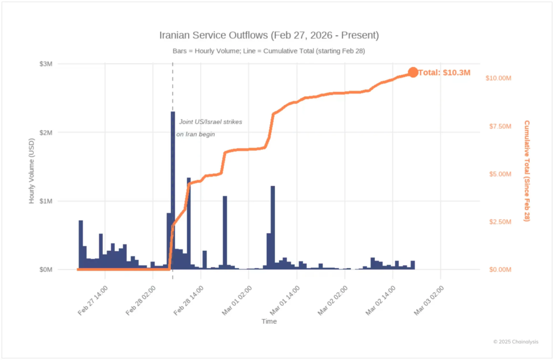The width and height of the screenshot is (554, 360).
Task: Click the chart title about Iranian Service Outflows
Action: (269, 36)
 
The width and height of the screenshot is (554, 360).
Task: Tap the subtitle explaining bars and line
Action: (269, 51)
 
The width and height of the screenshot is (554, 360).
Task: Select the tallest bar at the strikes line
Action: (173, 189)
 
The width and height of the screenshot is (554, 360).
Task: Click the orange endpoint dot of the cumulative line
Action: (413, 72)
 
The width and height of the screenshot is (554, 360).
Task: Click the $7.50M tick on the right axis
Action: (498, 126)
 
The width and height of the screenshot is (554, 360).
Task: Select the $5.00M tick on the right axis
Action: (498, 174)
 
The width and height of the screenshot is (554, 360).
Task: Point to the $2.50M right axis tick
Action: (498, 222)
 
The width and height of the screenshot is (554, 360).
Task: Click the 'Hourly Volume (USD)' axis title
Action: (32, 169)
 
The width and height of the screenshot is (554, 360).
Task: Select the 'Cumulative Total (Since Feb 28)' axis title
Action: (526, 170)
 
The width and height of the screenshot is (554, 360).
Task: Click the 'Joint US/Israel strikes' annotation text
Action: (210, 122)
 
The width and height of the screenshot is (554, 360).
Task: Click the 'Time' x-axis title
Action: (269, 322)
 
